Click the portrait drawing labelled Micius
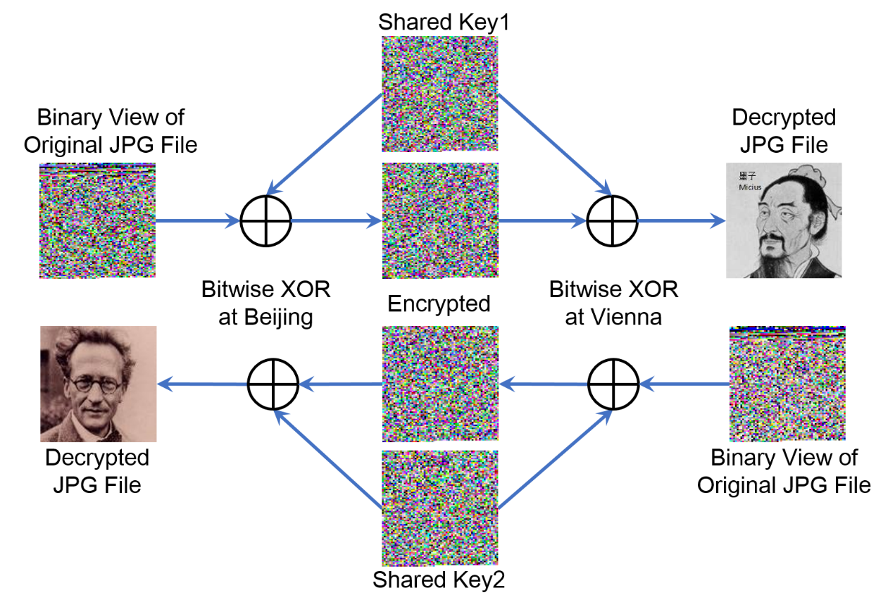point(784,220)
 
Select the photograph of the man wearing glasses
point(98,384)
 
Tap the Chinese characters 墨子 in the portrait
point(746,176)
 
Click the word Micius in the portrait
point(749,187)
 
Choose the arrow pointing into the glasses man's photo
point(202,384)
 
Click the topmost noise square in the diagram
point(439,94)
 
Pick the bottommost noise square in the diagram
point(439,508)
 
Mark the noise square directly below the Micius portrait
point(787,384)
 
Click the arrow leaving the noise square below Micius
point(683,384)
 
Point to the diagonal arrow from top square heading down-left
point(324,144)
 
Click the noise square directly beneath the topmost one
point(440,220)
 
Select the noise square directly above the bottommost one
point(440,384)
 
